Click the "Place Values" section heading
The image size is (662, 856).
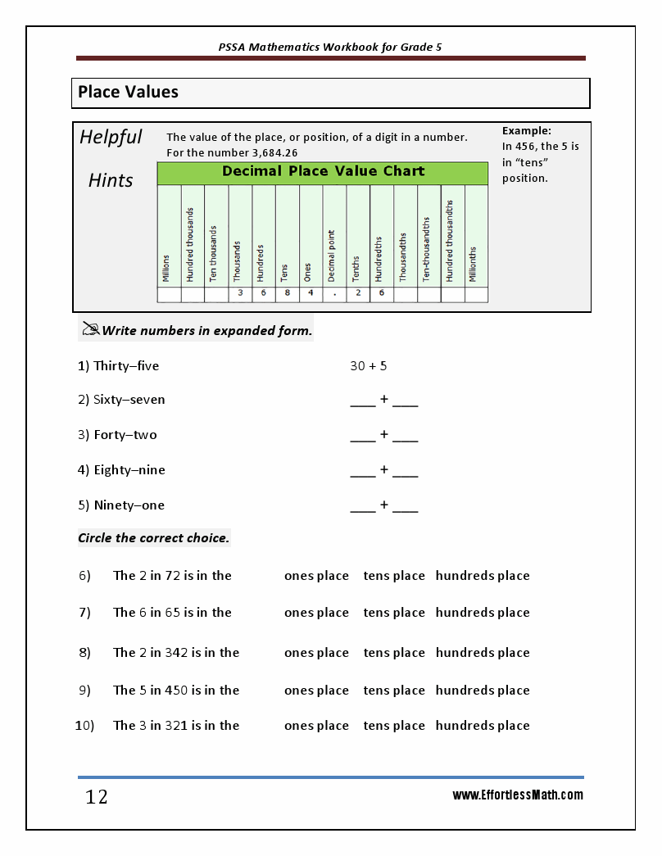click(128, 93)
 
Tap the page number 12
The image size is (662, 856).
click(97, 797)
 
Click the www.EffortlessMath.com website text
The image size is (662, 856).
click(518, 795)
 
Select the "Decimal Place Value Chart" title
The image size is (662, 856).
click(323, 172)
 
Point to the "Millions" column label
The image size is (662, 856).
click(167, 267)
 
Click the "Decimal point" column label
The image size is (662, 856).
click(332, 254)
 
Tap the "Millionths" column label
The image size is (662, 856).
click(474, 264)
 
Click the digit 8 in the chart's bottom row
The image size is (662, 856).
click(287, 292)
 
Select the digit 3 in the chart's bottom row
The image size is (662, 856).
click(240, 292)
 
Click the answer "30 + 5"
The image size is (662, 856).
click(368, 366)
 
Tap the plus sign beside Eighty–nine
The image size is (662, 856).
click(383, 469)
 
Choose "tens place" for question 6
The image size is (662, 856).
click(394, 576)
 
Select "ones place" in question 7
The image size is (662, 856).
click(316, 613)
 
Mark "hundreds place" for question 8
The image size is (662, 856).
click(483, 653)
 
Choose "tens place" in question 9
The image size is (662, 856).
click(394, 691)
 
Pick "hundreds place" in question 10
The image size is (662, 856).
click(483, 726)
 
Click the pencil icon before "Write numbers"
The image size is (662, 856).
click(90, 329)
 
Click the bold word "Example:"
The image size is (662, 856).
click(526, 131)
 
